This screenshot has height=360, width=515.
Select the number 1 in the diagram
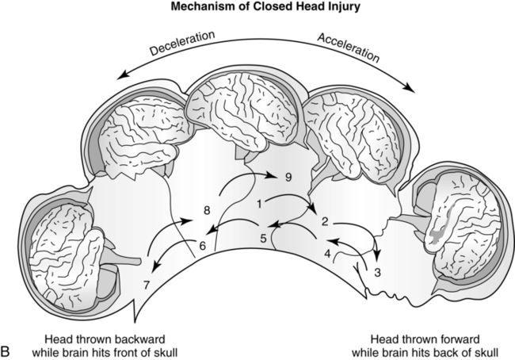[259, 204]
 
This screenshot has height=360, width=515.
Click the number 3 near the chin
[377, 272]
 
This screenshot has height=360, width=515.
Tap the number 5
[262, 237]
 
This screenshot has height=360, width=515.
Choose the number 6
[202, 247]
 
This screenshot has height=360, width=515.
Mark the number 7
[146, 283]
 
